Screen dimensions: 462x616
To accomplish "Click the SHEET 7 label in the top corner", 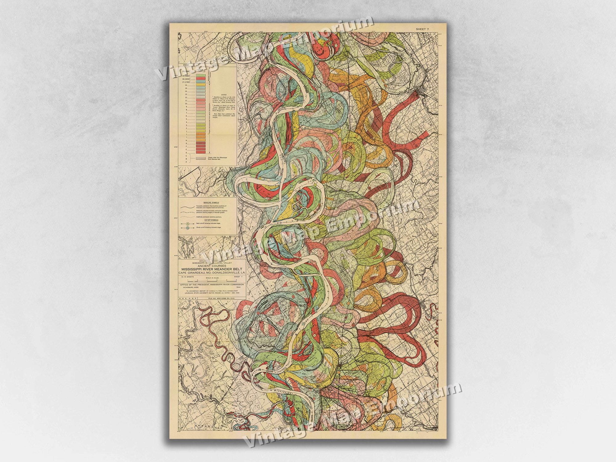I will pyautogui.click(x=422, y=29).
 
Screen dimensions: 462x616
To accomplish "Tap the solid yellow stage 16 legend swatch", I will pyautogui.click(x=201, y=85).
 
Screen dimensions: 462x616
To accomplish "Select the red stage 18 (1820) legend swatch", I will pyautogui.click(x=201, y=79).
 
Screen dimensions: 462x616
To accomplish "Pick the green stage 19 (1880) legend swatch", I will pyautogui.click(x=201, y=76).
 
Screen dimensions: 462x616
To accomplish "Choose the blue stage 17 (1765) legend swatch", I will pyautogui.click(x=201, y=82).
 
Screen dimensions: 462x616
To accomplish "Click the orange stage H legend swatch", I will pyautogui.click(x=201, y=140).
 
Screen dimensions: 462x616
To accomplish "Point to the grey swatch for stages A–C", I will pyautogui.click(x=201, y=158).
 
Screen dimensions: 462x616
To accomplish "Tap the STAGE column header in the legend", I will pyautogui.click(x=186, y=65).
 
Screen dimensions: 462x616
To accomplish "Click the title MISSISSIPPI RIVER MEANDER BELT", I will pyautogui.click(x=212, y=269).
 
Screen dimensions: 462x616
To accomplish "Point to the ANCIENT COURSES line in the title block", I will pyautogui.click(x=212, y=265).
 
